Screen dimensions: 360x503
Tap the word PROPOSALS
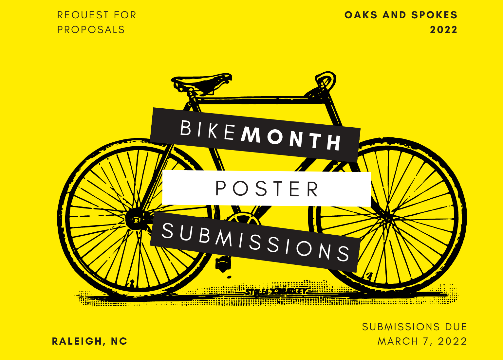[91, 30]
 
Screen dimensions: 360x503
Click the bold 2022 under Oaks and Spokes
[443, 30]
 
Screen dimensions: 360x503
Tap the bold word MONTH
[291, 139]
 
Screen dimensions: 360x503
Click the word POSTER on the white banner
[267, 189]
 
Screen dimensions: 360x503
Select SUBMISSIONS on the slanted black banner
[256, 242]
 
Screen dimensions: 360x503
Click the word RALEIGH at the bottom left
[77, 341]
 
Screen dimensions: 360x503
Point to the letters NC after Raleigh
[119, 341]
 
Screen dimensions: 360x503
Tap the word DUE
[456, 327]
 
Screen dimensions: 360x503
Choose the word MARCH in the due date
[398, 341]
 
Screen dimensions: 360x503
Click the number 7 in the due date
[426, 341]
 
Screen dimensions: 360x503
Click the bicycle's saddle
[201, 82]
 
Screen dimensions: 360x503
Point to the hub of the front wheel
[386, 216]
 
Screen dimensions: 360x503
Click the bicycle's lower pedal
[223, 263]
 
